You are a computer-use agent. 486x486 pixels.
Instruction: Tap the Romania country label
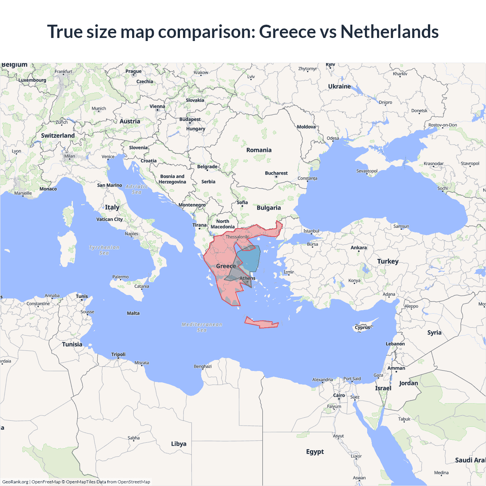click(259, 150)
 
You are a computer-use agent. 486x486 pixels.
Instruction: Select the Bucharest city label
click(276, 173)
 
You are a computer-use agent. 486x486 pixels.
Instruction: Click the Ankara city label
click(358, 248)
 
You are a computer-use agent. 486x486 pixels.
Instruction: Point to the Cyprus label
click(362, 327)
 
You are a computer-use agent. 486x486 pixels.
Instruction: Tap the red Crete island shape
click(262, 323)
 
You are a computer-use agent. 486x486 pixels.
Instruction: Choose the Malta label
click(133, 313)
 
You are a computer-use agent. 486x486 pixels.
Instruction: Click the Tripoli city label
click(118, 354)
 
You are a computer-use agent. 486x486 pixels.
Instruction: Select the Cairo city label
click(339, 395)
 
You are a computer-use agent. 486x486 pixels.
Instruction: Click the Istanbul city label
click(311, 231)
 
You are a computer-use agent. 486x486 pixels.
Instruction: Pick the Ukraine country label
click(339, 87)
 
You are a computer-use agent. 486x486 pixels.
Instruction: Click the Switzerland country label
click(58, 136)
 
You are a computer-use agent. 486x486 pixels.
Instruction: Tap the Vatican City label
click(109, 219)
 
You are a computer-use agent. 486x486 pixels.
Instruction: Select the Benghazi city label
click(203, 366)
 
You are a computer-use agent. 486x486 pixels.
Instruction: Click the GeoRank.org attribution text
click(15, 482)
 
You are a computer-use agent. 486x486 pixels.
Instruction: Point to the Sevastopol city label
click(367, 171)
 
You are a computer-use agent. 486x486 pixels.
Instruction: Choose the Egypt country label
click(315, 451)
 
